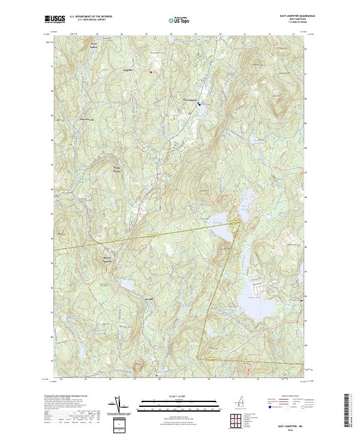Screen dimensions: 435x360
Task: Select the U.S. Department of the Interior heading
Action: pyautogui.click(x=91, y=17)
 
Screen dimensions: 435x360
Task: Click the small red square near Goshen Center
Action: pyautogui.click(x=150, y=73)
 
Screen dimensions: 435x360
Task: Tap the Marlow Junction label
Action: pyautogui.click(x=106, y=259)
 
